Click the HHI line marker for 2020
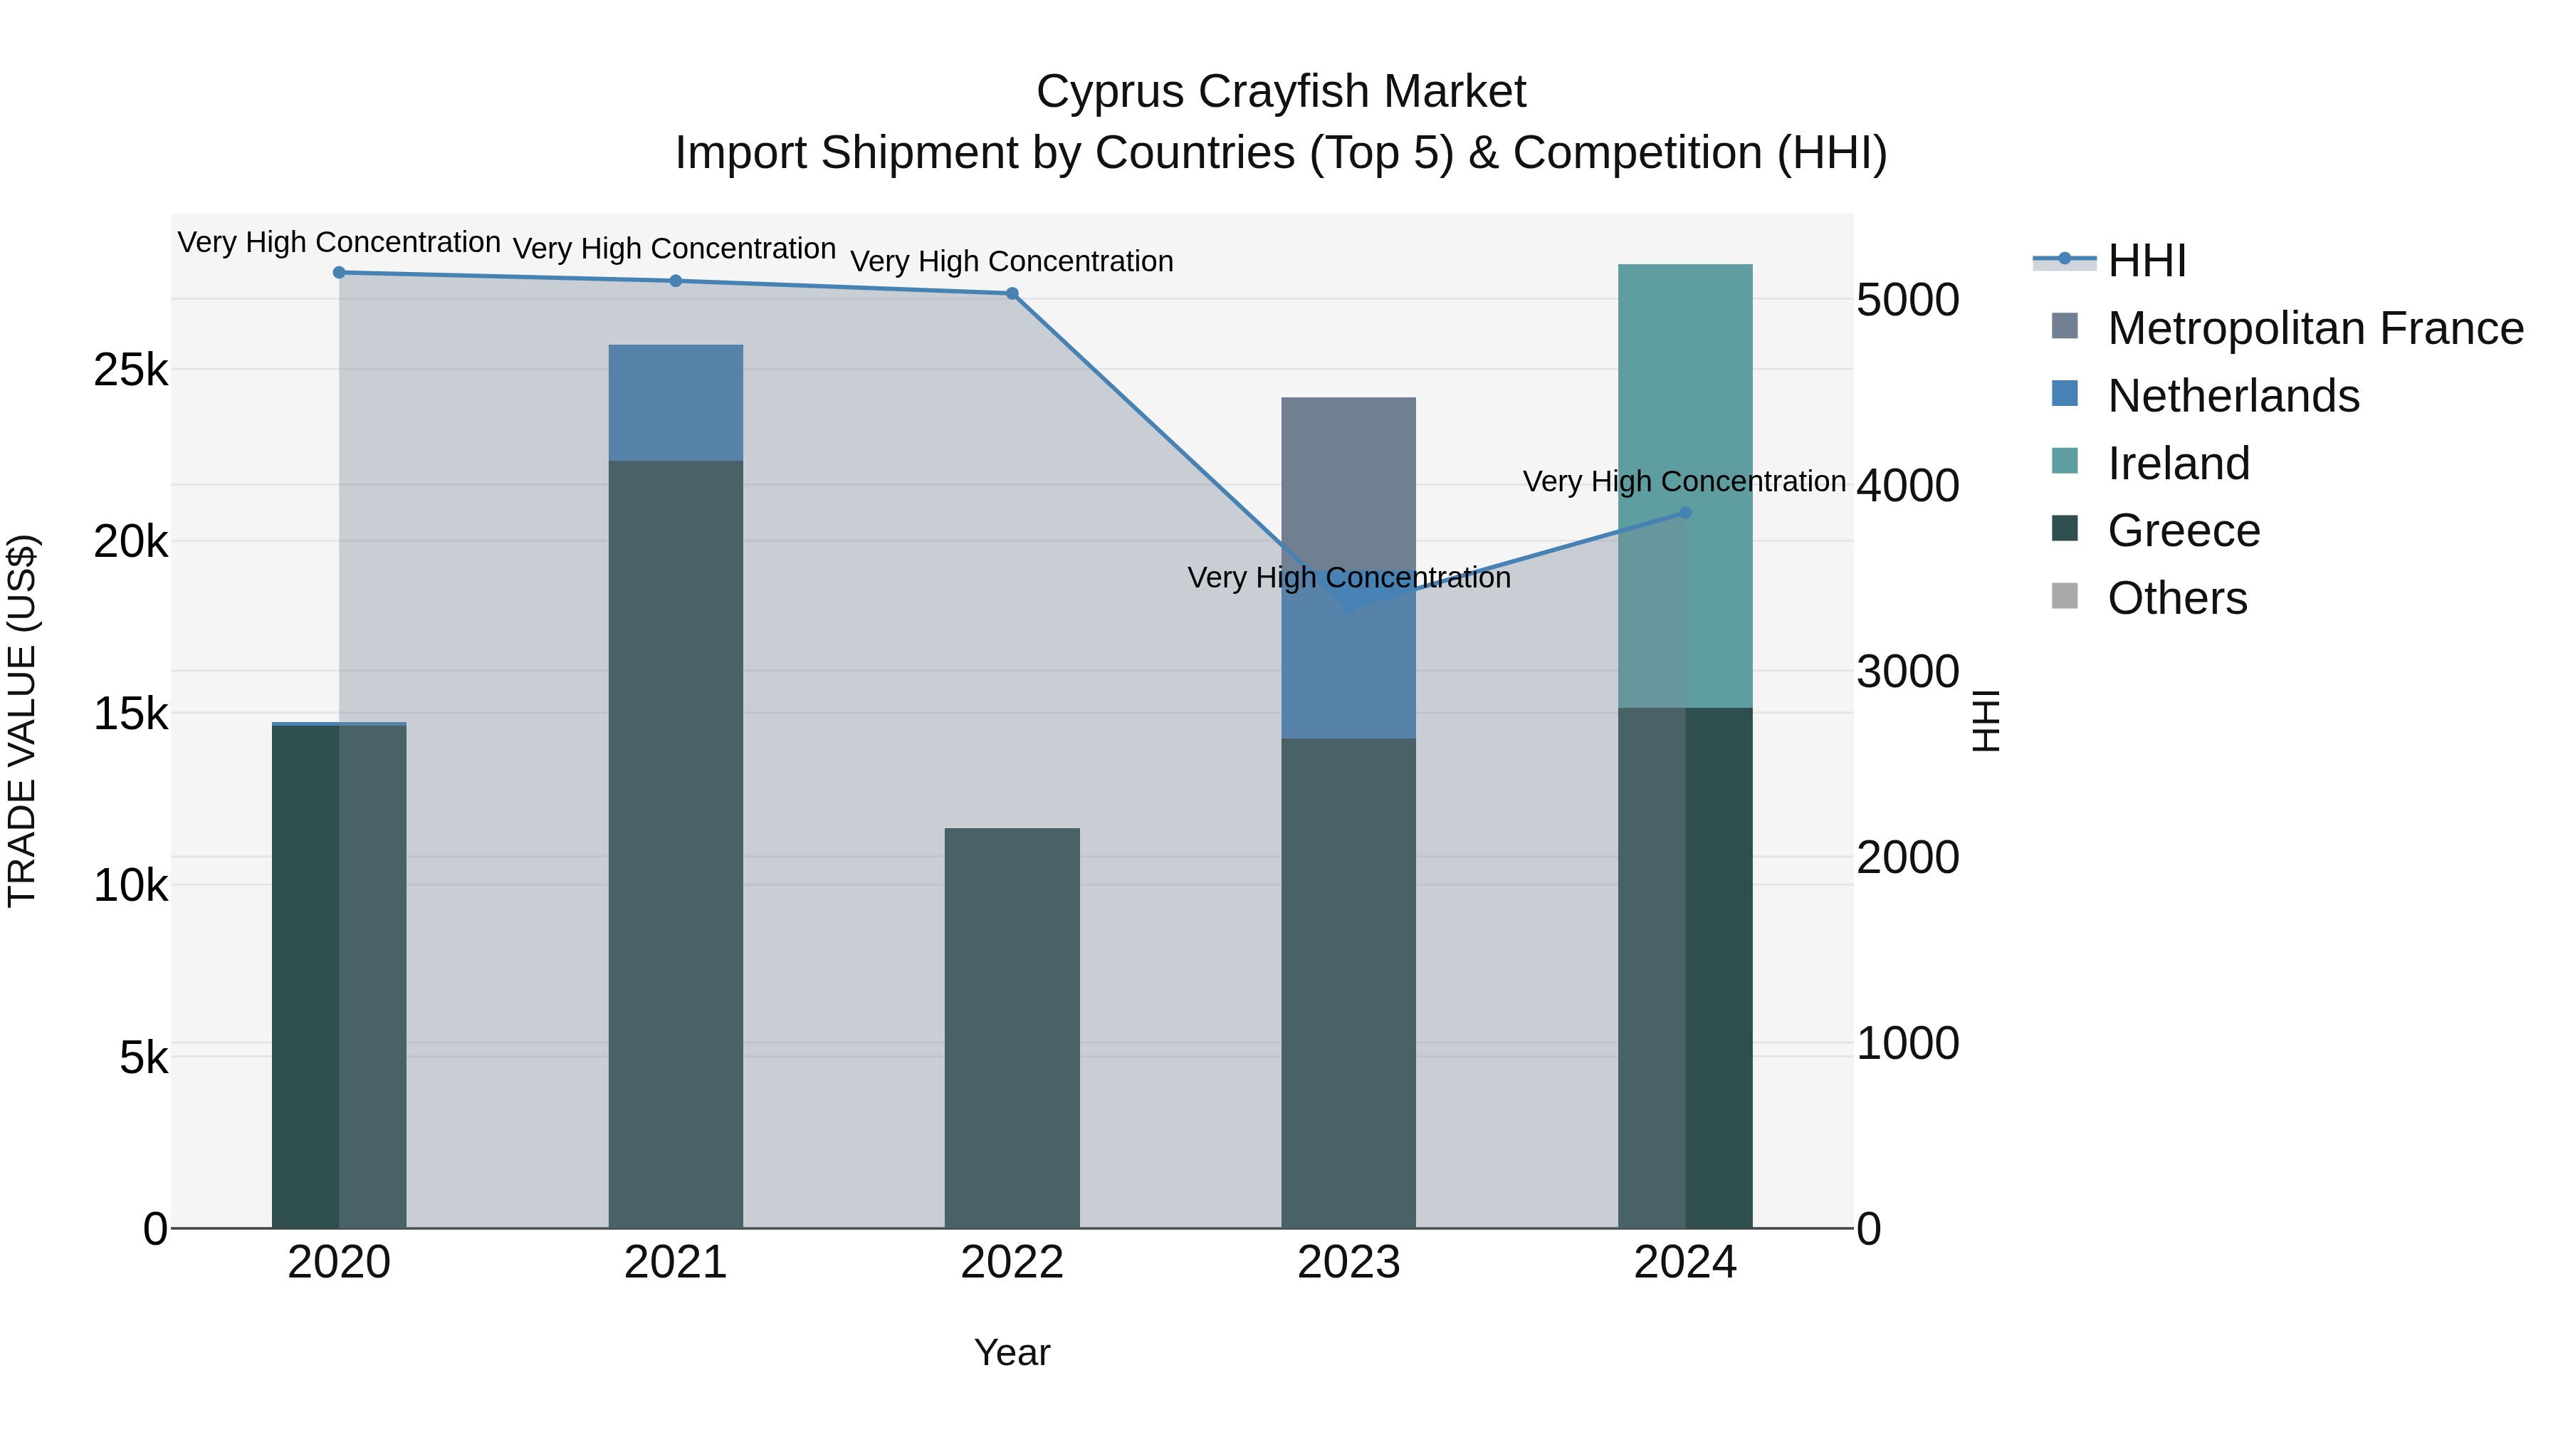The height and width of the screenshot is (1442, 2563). [x=340, y=273]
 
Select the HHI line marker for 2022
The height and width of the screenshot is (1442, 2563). [x=1012, y=293]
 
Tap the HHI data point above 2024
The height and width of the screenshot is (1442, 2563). [x=1685, y=513]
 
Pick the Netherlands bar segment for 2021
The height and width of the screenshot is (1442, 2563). [x=676, y=402]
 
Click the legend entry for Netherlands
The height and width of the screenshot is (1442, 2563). [x=2233, y=396]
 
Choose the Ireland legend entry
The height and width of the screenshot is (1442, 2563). [x=2178, y=464]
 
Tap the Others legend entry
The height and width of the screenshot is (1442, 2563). [x=2177, y=599]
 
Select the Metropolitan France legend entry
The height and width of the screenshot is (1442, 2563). [x=2315, y=328]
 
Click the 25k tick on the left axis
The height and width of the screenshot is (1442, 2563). [x=131, y=371]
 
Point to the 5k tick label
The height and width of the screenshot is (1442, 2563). [x=145, y=1058]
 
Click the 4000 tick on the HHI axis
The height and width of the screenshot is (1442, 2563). [x=1907, y=486]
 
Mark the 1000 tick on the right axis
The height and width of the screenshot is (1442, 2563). [x=1907, y=1044]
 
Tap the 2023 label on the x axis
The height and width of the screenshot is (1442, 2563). [x=1348, y=1263]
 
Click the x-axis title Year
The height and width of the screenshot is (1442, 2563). [x=1012, y=1352]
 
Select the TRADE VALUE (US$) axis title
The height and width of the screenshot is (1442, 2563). [x=23, y=721]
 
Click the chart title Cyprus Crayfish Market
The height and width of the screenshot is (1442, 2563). [x=1281, y=92]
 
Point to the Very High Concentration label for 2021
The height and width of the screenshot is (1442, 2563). [x=675, y=249]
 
